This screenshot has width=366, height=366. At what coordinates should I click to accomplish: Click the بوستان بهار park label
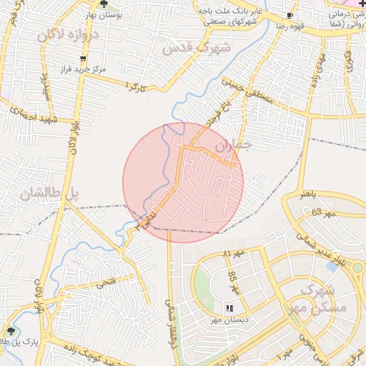129,14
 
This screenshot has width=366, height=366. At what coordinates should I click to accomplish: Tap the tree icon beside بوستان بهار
104,4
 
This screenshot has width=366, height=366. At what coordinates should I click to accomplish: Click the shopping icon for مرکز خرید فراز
84,59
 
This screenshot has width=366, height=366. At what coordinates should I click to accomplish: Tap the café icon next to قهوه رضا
289,15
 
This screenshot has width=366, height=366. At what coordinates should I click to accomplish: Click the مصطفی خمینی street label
249,93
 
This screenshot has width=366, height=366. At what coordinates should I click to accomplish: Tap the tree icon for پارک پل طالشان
10,331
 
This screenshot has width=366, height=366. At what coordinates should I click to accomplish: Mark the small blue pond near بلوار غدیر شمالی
332,267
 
